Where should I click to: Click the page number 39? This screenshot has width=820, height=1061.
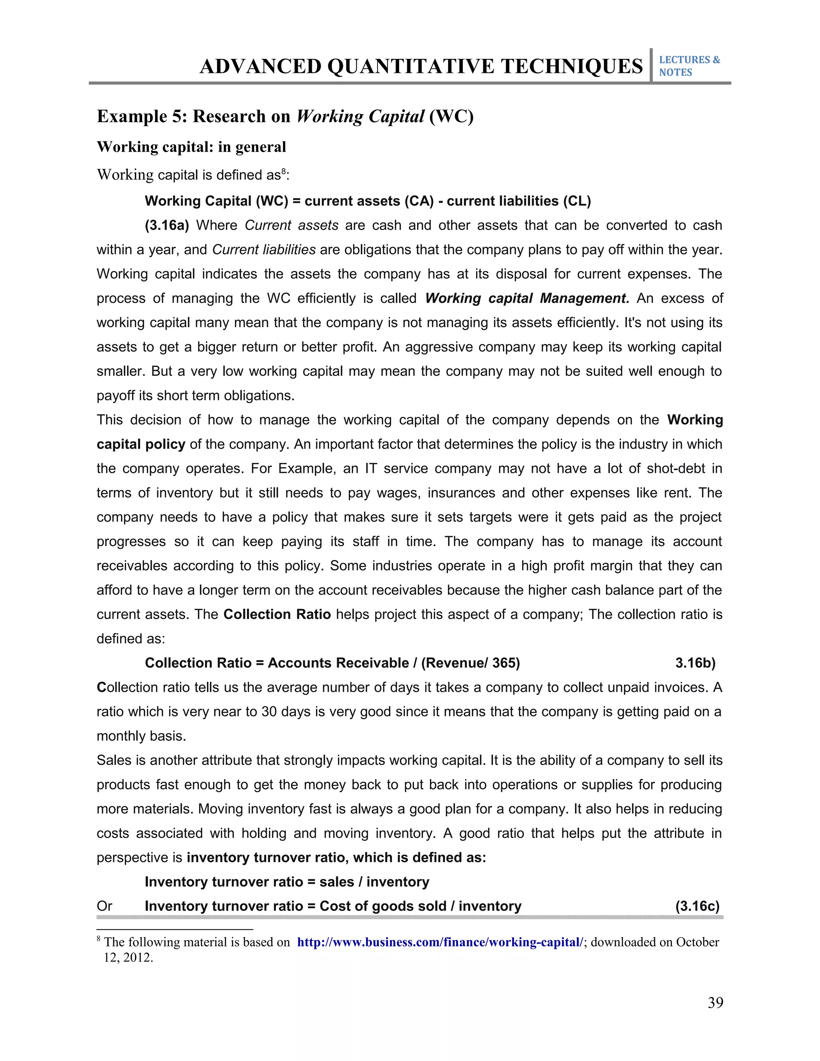pyautogui.click(x=715, y=1002)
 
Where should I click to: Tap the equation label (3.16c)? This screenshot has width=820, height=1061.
pyautogui.click(x=697, y=906)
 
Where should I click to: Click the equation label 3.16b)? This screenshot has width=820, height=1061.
pyautogui.click(x=695, y=663)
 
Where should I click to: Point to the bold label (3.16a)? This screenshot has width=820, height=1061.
pyautogui.click(x=167, y=225)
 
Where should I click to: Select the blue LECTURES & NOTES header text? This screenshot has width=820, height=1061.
pyautogui.click(x=689, y=66)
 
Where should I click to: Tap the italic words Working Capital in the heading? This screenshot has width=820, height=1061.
pyautogui.click(x=360, y=117)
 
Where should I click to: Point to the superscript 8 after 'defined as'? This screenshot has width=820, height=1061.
pyautogui.click(x=284, y=171)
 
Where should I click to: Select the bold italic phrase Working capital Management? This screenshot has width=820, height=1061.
pyautogui.click(x=527, y=298)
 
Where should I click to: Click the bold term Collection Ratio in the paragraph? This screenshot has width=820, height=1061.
pyautogui.click(x=277, y=614)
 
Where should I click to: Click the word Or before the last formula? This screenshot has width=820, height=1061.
pyautogui.click(x=105, y=906)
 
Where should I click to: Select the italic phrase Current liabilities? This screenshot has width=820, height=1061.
pyautogui.click(x=264, y=250)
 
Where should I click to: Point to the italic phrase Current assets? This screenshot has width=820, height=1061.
pyautogui.click(x=291, y=225)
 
